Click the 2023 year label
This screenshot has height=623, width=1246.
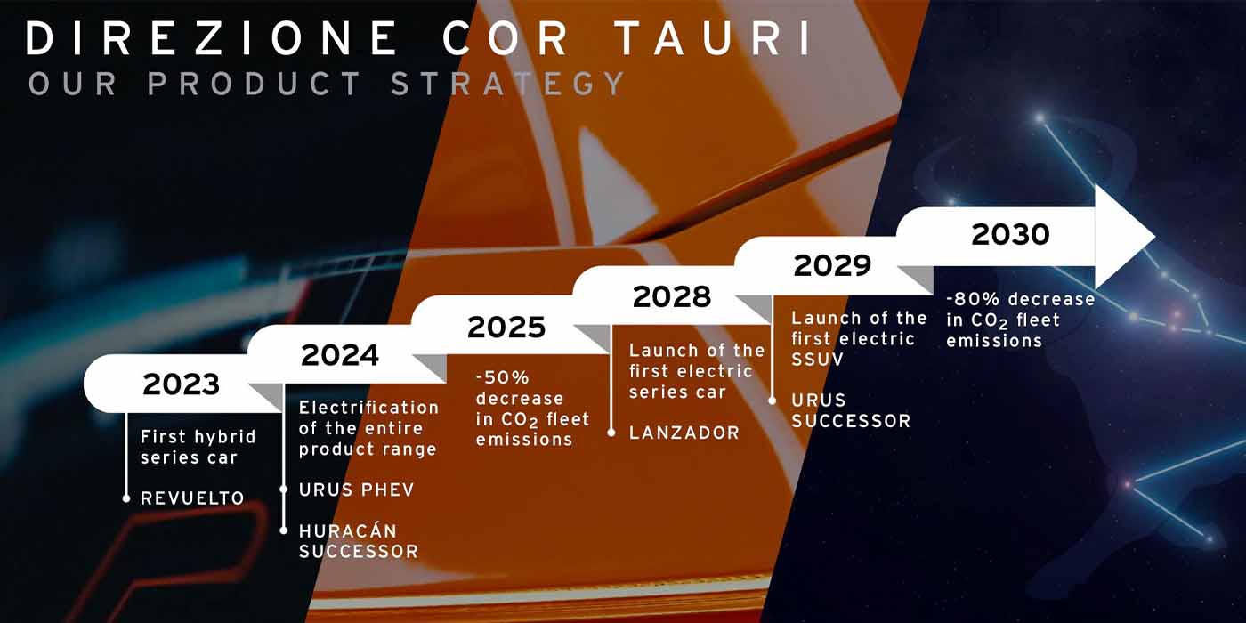coord(181,384)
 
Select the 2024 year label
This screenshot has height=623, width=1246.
coord(340,355)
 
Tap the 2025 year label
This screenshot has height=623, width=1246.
coord(506,327)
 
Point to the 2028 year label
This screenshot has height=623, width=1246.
coord(672,296)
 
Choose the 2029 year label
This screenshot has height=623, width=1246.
coord(832,265)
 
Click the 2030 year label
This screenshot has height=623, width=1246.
coord(1010,234)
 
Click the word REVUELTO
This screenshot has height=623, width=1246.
coord(192,498)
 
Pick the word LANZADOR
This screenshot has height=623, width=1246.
coord(684,433)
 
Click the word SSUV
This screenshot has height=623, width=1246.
coord(818,360)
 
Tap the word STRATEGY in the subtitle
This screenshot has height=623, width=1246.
coord(508,84)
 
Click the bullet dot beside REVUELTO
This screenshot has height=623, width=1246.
coord(126,498)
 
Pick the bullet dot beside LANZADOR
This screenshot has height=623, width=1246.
coord(611,433)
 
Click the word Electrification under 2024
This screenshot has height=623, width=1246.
coord(368,408)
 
